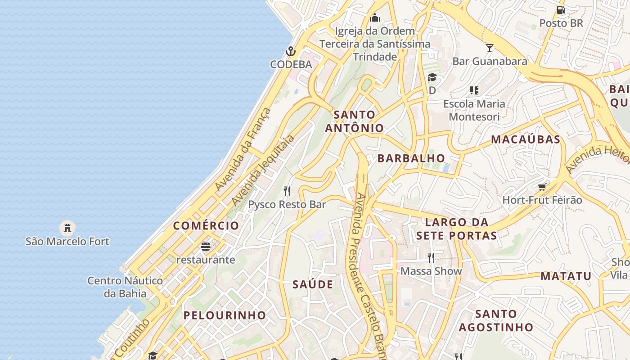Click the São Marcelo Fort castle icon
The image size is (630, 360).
[x=67, y=228]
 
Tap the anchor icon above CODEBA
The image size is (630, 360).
[x=291, y=51]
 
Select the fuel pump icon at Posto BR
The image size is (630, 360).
[x=561, y=9]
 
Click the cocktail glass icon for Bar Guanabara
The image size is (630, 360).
[x=490, y=48]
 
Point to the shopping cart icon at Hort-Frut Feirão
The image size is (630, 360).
[x=542, y=186]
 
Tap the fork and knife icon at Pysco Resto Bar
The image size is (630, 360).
[x=287, y=191]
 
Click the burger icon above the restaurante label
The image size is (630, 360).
[x=206, y=247]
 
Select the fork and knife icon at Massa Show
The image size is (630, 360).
[x=431, y=257]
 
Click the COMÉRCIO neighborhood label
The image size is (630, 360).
[x=206, y=226]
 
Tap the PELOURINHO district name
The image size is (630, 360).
[x=225, y=315]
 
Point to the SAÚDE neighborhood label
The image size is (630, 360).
[x=313, y=284]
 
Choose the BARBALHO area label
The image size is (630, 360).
[x=411, y=158]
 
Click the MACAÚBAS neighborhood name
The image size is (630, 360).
[x=526, y=139]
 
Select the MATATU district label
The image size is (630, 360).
[x=566, y=276]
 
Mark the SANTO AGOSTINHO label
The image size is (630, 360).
[x=496, y=320]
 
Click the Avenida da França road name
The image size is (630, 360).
[x=243, y=149]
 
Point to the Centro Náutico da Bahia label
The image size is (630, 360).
[x=125, y=287]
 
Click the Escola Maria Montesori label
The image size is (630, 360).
[x=474, y=110]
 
